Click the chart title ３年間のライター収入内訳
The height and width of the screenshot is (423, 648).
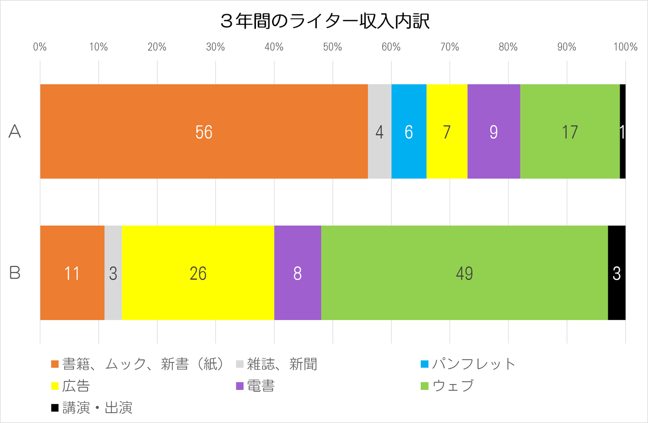point(324,21)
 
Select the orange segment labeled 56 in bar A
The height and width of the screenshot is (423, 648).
point(204,131)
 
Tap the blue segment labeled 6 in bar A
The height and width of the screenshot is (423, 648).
point(409,131)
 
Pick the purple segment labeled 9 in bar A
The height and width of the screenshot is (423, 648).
point(494,131)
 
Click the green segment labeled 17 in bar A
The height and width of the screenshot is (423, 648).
point(569,131)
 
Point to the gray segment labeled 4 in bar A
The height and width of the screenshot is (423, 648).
point(379,131)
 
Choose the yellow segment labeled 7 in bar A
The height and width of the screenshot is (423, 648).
point(447,131)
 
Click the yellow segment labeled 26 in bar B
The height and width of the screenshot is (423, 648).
point(198,273)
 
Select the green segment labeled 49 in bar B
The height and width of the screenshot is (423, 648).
point(464,273)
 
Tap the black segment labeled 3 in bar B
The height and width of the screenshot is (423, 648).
point(616,273)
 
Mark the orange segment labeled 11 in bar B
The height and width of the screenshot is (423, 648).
point(72,273)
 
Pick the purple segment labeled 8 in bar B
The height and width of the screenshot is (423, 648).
point(297,273)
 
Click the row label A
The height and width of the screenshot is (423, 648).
point(15,131)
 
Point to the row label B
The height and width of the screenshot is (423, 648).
point(15,273)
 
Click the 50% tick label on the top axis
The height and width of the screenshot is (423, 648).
point(333,47)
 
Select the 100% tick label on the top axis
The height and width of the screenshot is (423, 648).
point(625,47)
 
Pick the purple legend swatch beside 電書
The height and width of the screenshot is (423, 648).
point(240,386)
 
